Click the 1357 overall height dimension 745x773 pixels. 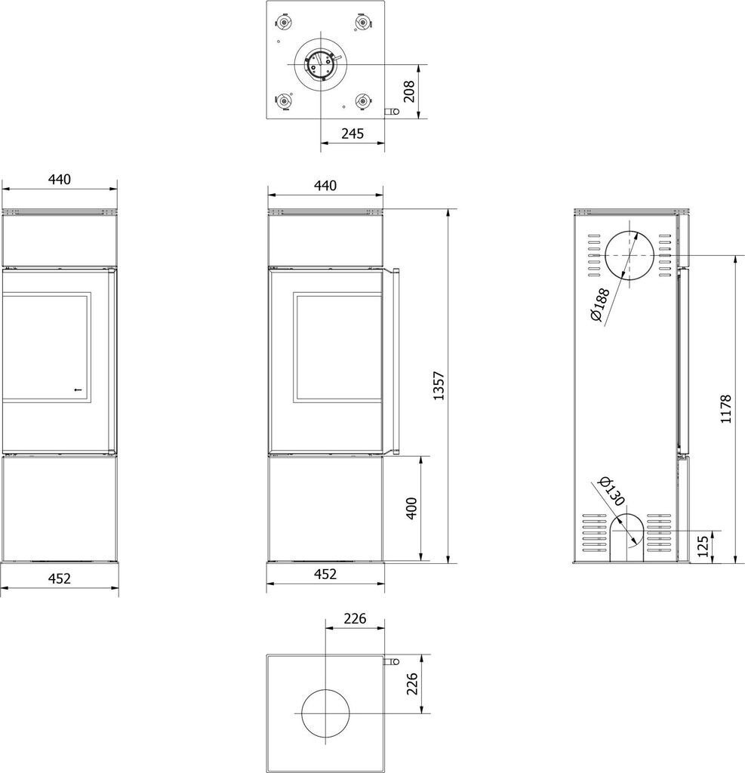click(439, 386)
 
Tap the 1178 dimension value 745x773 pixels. click(726, 408)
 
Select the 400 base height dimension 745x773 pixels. click(411, 508)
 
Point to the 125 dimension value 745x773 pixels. click(703, 546)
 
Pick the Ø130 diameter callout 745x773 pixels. click(611, 491)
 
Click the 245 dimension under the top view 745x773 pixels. click(352, 133)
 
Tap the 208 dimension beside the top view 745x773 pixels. click(409, 91)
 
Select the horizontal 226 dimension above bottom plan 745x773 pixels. click(355, 618)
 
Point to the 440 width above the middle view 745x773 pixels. click(325, 186)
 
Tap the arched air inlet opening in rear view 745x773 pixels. click(627, 537)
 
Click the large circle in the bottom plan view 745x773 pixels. click(325, 713)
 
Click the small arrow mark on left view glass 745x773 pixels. click(75, 390)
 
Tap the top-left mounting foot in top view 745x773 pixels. click(285, 23)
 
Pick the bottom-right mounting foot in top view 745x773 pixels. click(363, 102)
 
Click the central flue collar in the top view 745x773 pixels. click(320, 64)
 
